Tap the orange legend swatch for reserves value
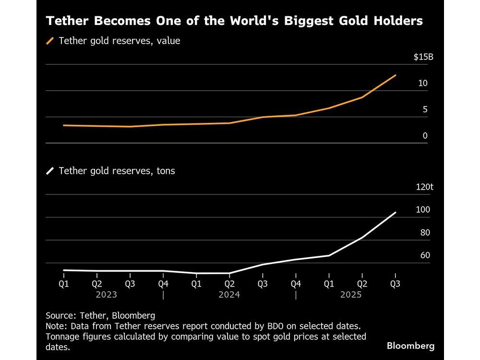(x=50, y=41)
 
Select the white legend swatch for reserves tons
(x=50, y=171)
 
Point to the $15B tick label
(x=423, y=57)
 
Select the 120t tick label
(x=424, y=187)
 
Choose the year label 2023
(x=106, y=295)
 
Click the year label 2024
(x=229, y=295)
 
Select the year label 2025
(x=351, y=295)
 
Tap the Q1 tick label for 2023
(x=64, y=284)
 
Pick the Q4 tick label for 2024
(x=296, y=284)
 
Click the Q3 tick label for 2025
(x=395, y=284)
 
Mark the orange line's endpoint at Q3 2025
(x=395, y=75)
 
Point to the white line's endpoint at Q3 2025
(x=395, y=213)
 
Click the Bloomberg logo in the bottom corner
(x=410, y=346)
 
